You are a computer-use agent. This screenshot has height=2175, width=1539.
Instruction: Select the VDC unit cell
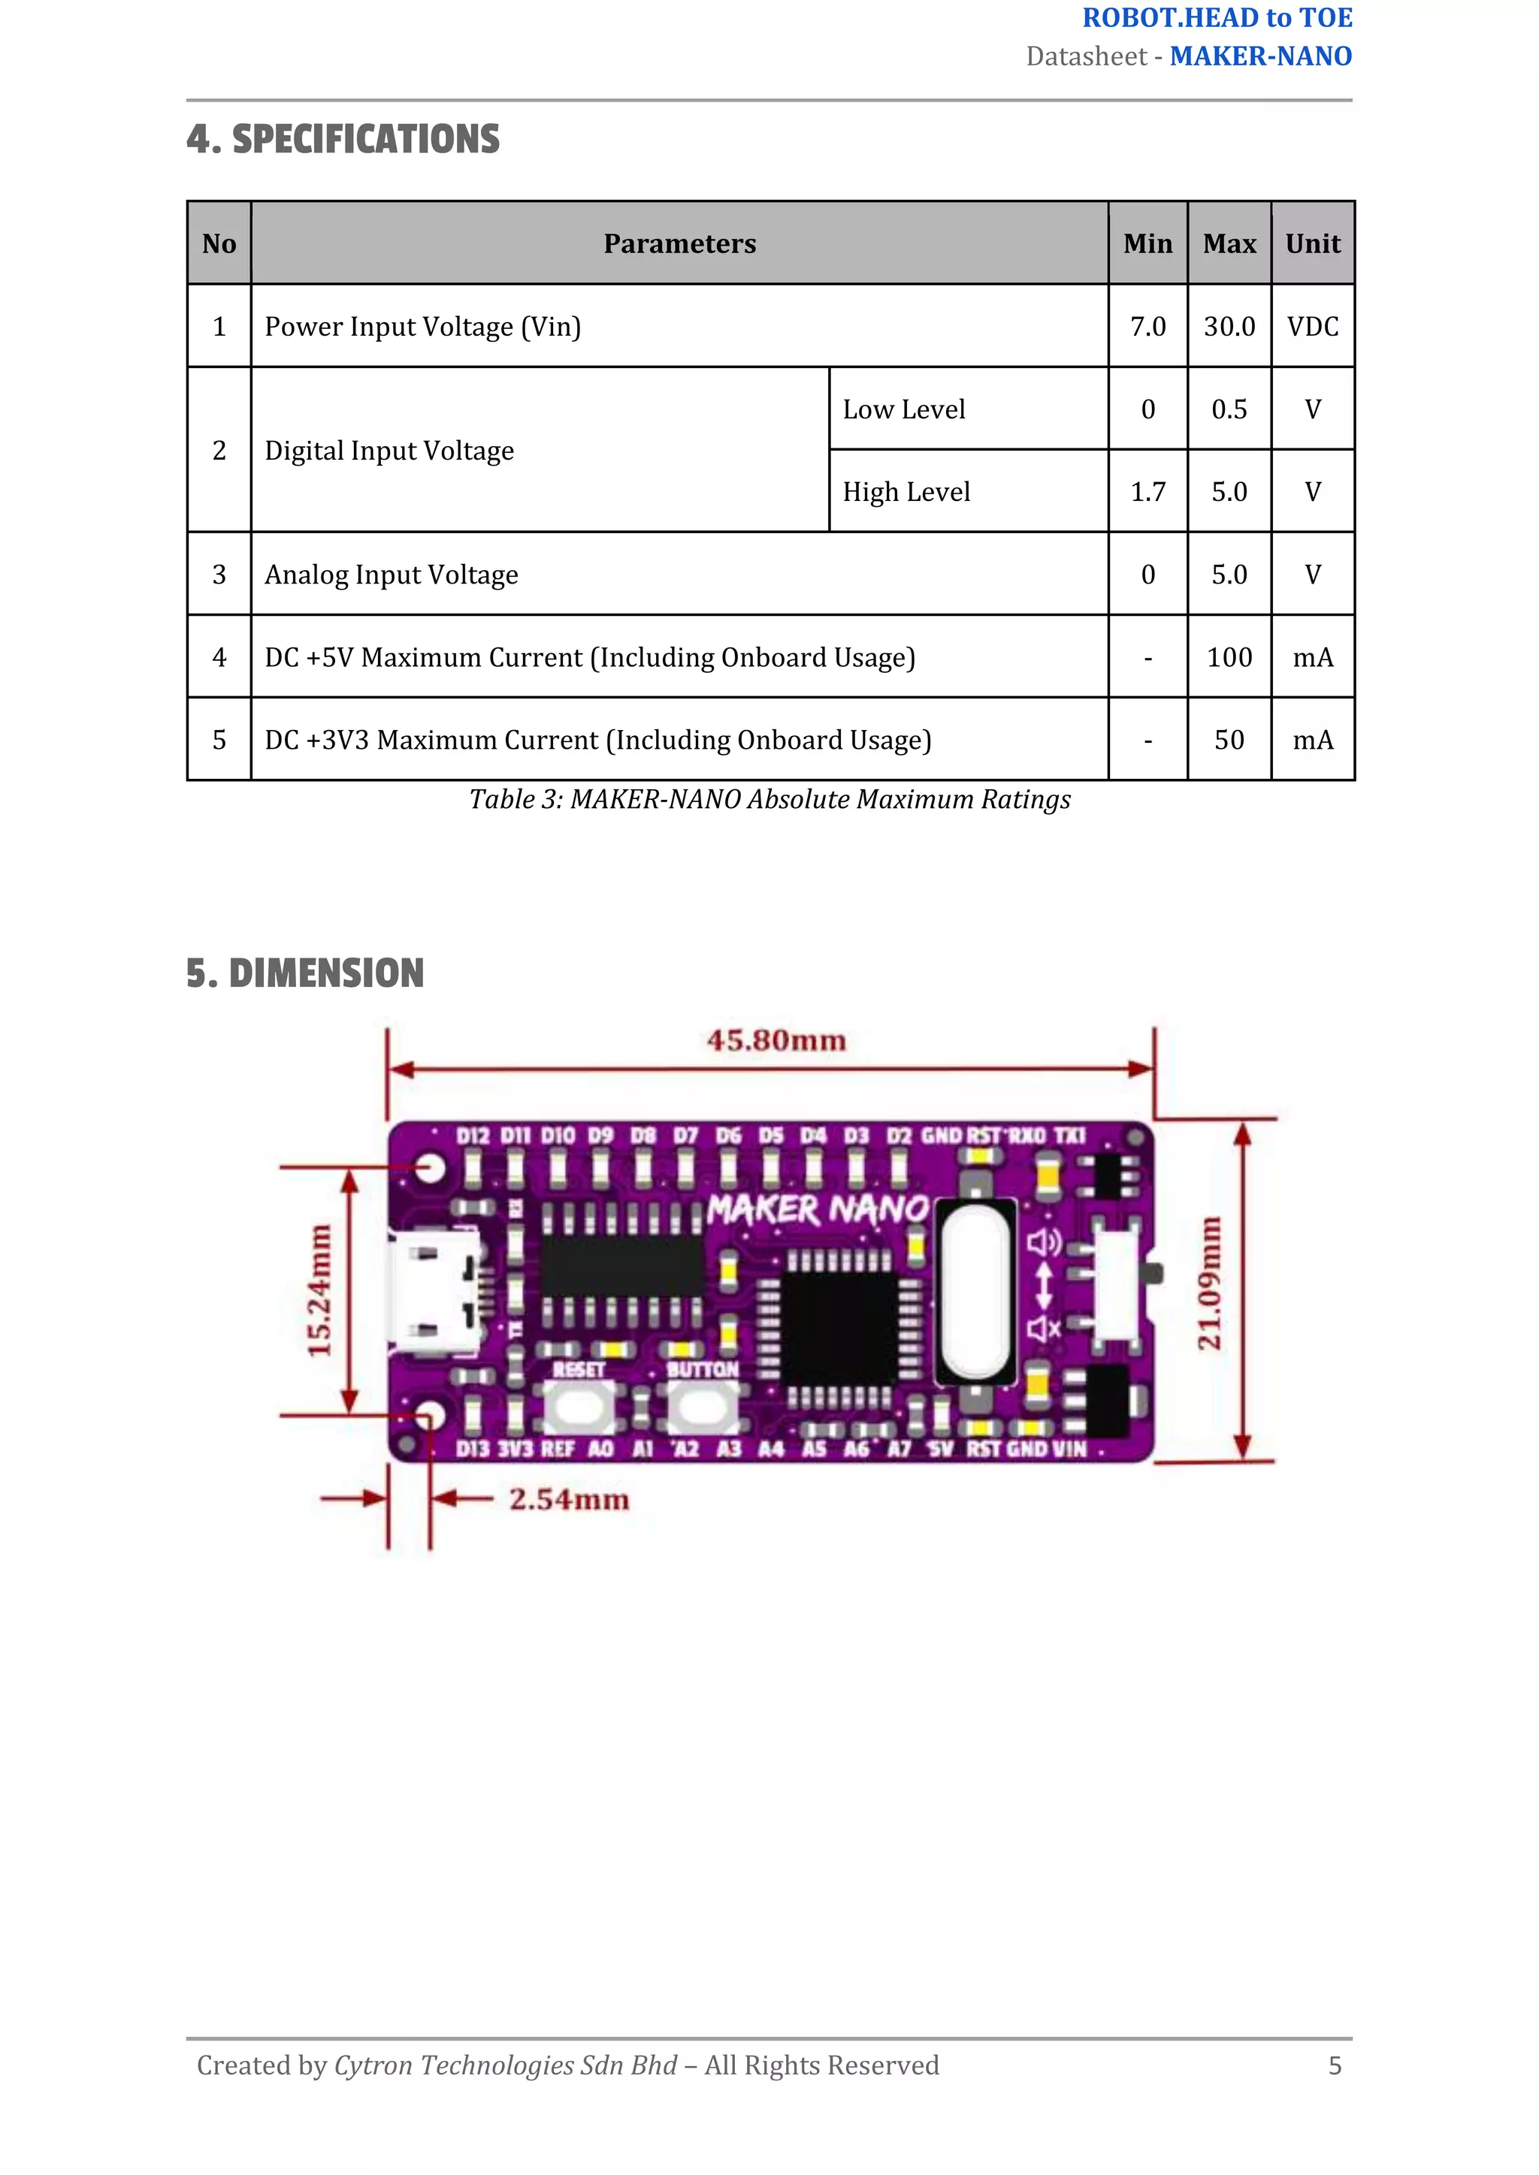click(1313, 327)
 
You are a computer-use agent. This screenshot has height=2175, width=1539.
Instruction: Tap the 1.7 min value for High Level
click(1147, 492)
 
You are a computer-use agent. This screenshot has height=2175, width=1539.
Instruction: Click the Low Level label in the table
click(903, 409)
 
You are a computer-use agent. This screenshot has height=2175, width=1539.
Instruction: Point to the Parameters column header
click(679, 243)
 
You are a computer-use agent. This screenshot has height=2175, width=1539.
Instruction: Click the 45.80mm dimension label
click(776, 1040)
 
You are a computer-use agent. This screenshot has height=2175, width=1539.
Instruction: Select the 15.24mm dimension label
click(319, 1290)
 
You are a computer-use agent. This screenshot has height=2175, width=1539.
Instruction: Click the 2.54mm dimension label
click(569, 1500)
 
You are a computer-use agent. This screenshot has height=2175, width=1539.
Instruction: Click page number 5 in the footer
click(1335, 2065)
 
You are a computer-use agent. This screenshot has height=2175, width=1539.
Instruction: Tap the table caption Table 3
click(769, 800)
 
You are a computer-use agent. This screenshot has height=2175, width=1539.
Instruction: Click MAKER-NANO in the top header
click(1259, 57)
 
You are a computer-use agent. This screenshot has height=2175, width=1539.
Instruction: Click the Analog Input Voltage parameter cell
click(392, 575)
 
